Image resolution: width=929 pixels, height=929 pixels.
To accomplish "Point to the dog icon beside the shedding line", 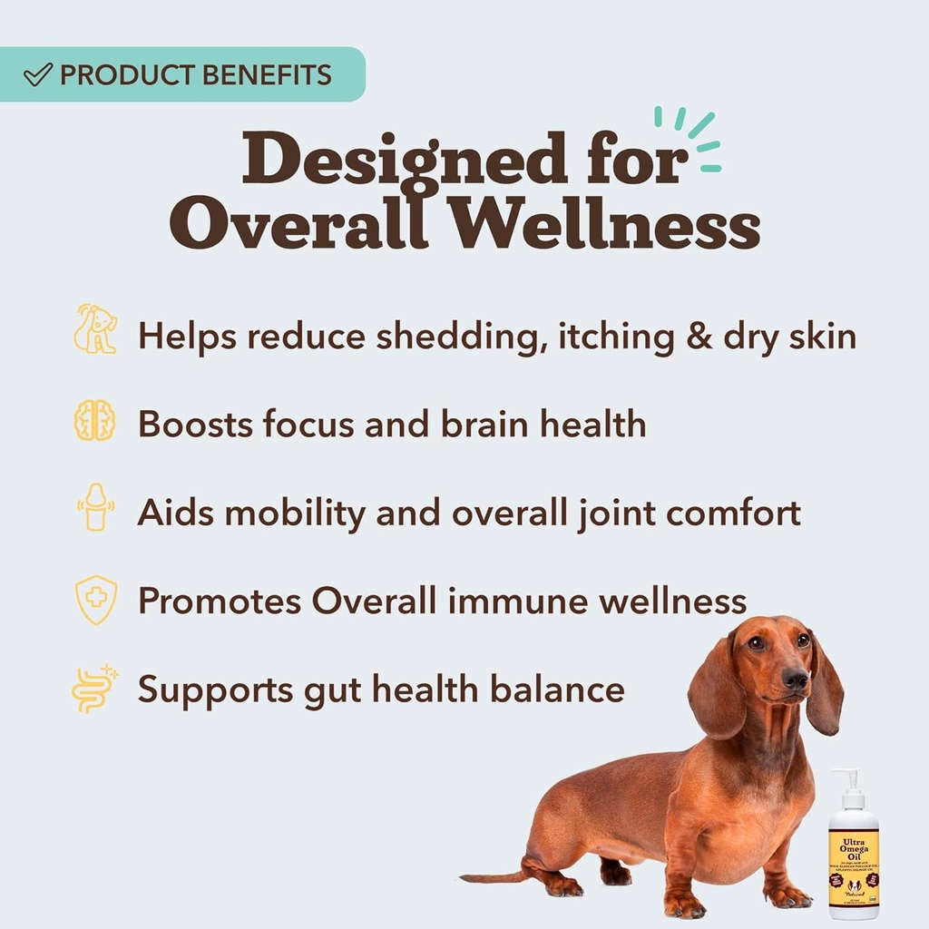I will click(x=95, y=329).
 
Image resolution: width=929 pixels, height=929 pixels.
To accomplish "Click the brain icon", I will click(x=94, y=422).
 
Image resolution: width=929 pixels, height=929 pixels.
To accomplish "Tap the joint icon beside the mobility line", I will click(x=94, y=509).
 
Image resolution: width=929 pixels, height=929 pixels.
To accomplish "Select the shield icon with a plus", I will click(x=95, y=599).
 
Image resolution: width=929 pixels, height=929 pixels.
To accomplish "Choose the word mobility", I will click(x=296, y=513).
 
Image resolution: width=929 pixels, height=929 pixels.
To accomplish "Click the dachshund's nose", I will click(x=796, y=677).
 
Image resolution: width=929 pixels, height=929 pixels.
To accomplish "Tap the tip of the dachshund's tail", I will click(x=464, y=877).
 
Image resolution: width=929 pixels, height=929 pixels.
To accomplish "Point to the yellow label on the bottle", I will click(x=853, y=862).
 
